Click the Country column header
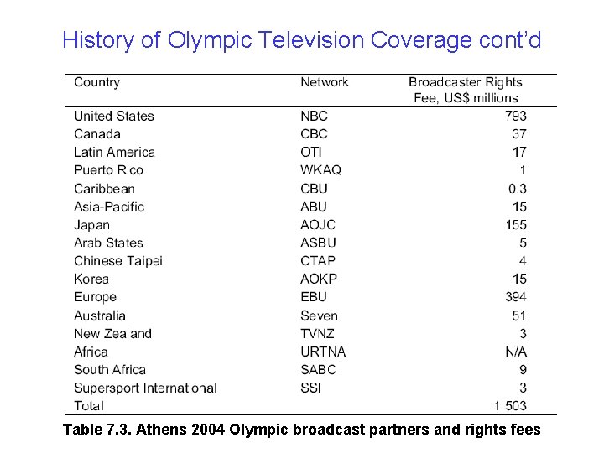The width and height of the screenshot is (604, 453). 97,82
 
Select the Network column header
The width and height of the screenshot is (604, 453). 325,82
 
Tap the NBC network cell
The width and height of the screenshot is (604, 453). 314,116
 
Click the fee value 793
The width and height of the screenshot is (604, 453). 516,116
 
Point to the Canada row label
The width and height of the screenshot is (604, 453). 97,134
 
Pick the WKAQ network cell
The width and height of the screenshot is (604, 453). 320,170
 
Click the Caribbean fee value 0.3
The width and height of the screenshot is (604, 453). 517,189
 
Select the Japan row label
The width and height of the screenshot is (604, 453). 91,225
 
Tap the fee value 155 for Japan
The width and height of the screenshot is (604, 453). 516,225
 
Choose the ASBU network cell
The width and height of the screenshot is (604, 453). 318,243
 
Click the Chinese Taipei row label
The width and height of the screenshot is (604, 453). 118,261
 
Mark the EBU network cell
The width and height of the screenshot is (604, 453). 314,297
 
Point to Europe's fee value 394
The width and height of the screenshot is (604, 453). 516,297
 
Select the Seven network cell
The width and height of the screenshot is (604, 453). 319,315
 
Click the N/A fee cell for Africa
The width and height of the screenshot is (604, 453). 516,351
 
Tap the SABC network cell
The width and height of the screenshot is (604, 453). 318,369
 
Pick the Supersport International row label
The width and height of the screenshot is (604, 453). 145,388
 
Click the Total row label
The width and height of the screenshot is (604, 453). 89,405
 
